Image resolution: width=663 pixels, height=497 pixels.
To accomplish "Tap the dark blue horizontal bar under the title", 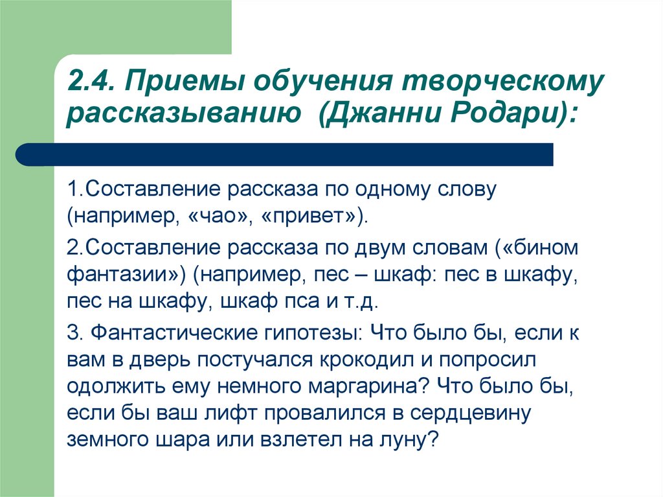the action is coord(284,154).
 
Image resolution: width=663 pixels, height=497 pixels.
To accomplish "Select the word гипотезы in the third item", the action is coord(314,334).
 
